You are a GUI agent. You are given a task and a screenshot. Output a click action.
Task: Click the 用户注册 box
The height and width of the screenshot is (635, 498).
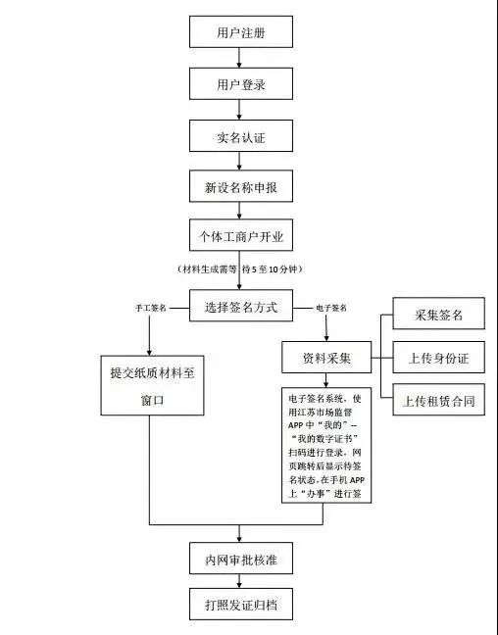click(241, 32)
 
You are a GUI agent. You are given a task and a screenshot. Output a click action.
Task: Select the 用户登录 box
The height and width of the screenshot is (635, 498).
click(241, 84)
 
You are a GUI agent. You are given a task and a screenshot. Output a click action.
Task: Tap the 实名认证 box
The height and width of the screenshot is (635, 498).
click(241, 136)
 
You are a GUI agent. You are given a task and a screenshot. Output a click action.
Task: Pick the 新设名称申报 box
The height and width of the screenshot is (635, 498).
click(241, 186)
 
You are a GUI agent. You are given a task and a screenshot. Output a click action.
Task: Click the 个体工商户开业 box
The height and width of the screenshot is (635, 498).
click(241, 235)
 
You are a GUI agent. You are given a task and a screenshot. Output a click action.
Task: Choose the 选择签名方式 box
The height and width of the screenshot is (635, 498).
click(241, 306)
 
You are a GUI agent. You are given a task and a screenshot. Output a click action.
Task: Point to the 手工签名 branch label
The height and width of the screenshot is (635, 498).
click(151, 308)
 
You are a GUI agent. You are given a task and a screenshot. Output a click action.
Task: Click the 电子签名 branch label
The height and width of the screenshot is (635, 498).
click(331, 308)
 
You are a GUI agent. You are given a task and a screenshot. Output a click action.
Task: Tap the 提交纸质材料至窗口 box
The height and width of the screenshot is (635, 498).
click(152, 385)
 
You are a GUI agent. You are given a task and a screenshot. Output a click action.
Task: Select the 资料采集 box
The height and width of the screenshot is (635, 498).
click(326, 357)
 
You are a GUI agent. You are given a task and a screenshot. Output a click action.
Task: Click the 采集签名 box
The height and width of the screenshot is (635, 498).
click(439, 314)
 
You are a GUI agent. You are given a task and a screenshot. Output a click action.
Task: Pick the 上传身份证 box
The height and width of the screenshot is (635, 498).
click(439, 357)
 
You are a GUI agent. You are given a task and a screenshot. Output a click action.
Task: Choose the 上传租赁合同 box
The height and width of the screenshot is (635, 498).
click(439, 400)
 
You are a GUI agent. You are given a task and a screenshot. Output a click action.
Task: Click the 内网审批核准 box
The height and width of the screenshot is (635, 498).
click(241, 559)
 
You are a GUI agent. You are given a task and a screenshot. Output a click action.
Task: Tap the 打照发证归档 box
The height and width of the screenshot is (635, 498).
click(241, 605)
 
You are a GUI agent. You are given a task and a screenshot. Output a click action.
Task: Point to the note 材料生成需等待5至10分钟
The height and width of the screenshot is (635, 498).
click(240, 269)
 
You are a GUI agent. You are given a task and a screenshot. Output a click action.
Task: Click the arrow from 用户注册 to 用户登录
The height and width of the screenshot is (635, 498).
click(239, 58)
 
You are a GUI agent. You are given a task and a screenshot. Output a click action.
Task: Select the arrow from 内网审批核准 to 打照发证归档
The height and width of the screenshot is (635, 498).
click(239, 581)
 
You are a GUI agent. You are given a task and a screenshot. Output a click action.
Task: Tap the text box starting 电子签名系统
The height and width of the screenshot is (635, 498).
click(326, 446)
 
